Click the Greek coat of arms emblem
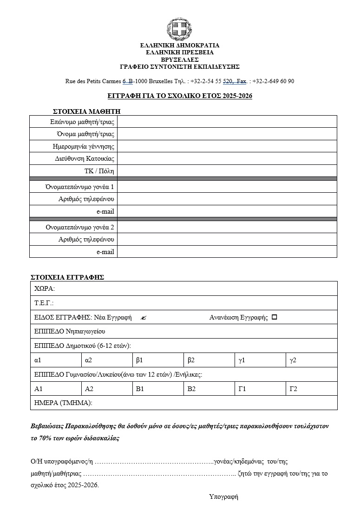[x=179, y=29]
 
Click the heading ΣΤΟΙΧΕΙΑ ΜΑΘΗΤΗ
[x=87, y=111]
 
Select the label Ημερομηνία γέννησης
[x=84, y=146]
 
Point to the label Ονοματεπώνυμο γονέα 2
[x=80, y=227]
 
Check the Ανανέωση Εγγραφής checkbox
[x=274, y=317]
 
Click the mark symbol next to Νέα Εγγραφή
[x=143, y=318]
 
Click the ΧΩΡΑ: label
[x=45, y=288]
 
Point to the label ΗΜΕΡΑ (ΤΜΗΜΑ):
[x=64, y=403]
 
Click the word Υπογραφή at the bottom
[x=223, y=496]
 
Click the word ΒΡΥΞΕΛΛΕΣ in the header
[x=180, y=59]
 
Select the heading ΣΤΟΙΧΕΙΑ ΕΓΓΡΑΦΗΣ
[x=67, y=277]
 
